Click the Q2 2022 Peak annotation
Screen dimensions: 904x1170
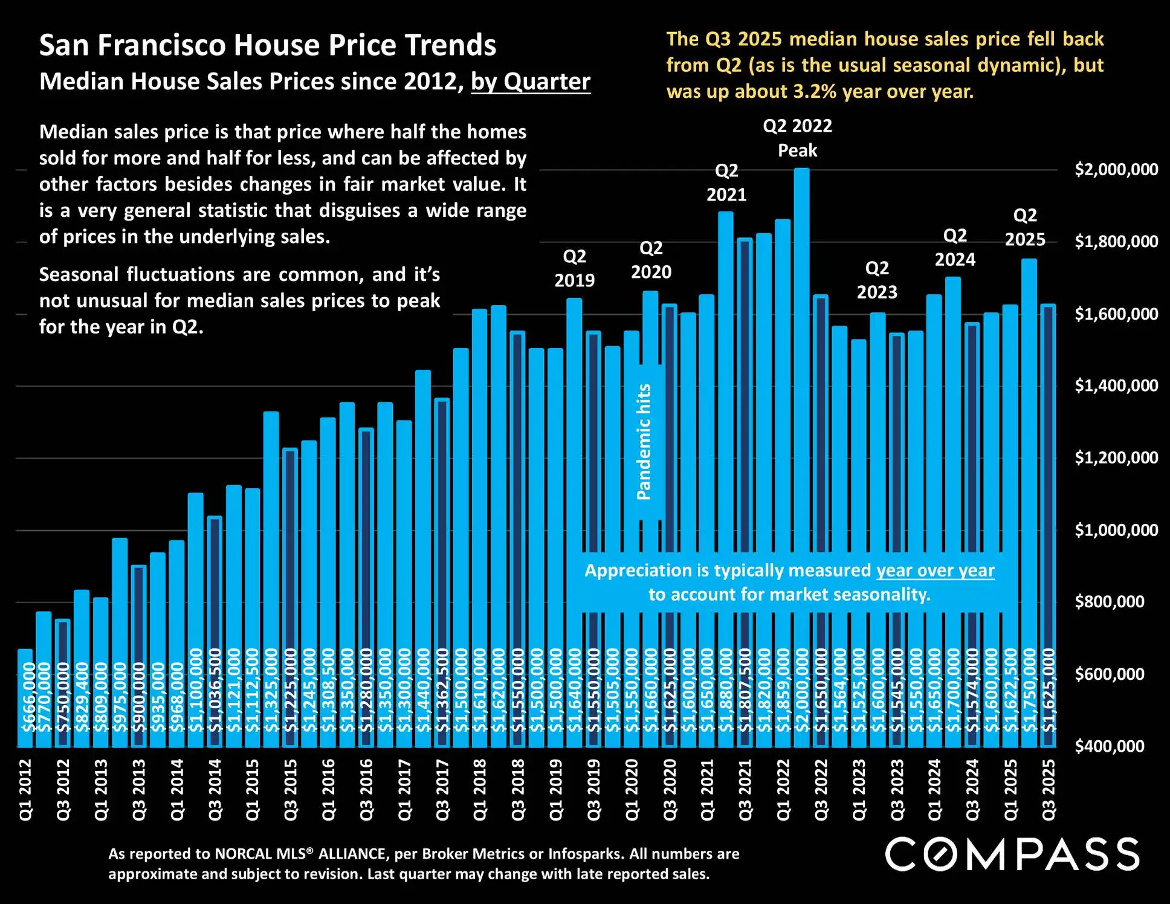pyautogui.click(x=797, y=138)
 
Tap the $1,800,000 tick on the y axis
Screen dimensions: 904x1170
pyautogui.click(x=1116, y=242)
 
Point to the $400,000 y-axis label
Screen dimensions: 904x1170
pyautogui.click(x=1109, y=746)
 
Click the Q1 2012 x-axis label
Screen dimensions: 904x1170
pyautogui.click(x=25, y=790)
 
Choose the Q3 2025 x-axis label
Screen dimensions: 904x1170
pyautogui.click(x=1049, y=790)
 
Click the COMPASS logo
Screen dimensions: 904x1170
pyautogui.click(x=1012, y=854)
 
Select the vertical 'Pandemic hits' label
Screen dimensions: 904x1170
pyautogui.click(x=644, y=442)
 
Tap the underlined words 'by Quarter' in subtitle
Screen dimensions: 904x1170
pyautogui.click(x=530, y=82)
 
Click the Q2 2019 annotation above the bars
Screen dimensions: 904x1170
pyautogui.click(x=574, y=268)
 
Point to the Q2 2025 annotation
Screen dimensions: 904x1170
pyautogui.click(x=1025, y=227)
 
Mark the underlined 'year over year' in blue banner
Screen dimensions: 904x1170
pyautogui.click(x=935, y=570)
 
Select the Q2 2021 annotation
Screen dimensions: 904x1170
pyautogui.click(x=726, y=182)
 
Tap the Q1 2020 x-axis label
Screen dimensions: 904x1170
pyautogui.click(x=632, y=790)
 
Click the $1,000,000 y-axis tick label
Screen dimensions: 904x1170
pyautogui.click(x=1116, y=530)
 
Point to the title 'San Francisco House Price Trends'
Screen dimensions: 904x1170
pyautogui.click(x=268, y=45)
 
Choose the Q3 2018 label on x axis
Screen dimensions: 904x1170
pyautogui.click(x=518, y=790)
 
